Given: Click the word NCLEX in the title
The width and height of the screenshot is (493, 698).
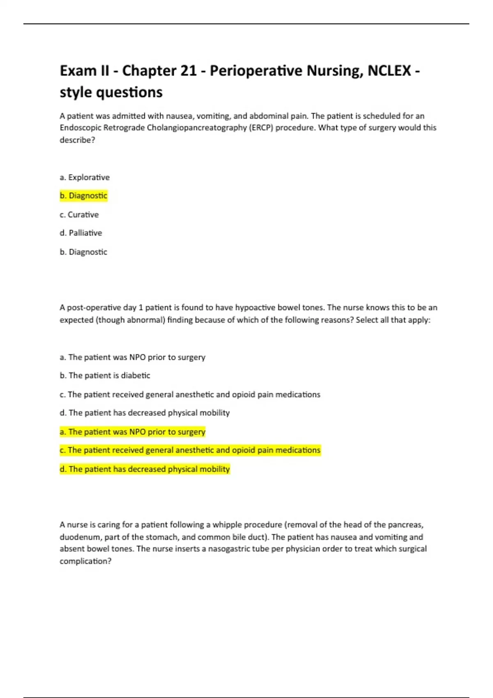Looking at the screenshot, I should [x=389, y=71].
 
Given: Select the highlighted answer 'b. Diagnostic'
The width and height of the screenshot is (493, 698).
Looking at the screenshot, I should [x=83, y=196].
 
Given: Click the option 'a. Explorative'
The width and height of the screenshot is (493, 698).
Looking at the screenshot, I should [x=85, y=177].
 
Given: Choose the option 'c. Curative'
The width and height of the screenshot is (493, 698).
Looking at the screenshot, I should [x=79, y=215].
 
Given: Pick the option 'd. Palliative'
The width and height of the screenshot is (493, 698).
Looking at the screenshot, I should [x=81, y=233].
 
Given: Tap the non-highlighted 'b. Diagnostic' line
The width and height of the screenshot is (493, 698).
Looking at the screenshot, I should [x=83, y=252].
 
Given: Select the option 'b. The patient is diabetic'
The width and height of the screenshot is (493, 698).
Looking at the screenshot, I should [x=105, y=376].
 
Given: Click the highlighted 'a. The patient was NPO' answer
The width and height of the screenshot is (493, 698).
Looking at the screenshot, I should [x=132, y=432].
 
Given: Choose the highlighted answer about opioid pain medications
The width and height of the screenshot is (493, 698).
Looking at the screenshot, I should [x=190, y=450].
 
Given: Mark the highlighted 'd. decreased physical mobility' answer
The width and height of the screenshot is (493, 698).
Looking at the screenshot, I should [x=145, y=469].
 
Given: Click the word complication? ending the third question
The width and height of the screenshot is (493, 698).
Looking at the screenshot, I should [x=85, y=561].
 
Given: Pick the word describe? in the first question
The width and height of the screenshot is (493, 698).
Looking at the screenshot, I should [x=77, y=140].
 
